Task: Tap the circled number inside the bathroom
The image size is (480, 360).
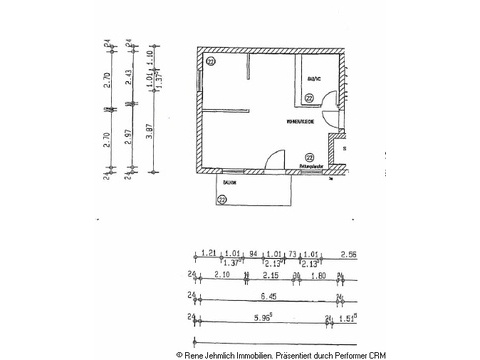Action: [309, 97]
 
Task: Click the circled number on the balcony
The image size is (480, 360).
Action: [222, 198]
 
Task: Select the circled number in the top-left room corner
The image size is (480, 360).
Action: [211, 61]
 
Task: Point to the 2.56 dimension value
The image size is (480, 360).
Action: [350, 254]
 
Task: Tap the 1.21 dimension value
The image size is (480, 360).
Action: [210, 254]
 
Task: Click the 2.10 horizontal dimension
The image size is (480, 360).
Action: [223, 275]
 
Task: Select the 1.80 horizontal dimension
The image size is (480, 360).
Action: [317, 275]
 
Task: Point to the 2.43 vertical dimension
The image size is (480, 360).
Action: [128, 76]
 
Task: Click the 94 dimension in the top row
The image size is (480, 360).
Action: [253, 254]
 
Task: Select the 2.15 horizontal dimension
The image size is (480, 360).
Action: [269, 275]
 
